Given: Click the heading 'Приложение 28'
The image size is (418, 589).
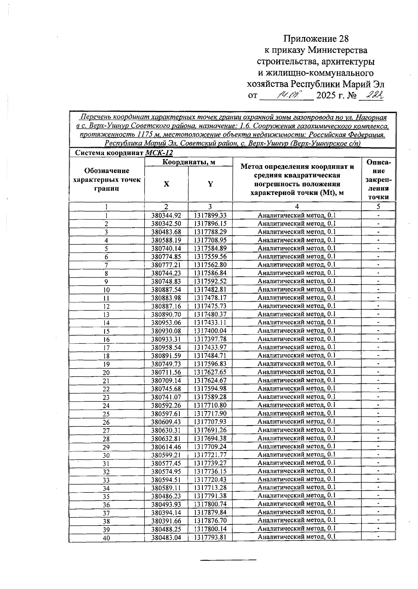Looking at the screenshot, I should tap(316, 39).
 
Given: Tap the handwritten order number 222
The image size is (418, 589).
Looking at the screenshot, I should tap(372, 95).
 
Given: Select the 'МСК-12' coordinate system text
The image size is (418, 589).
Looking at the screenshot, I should tap(159, 153).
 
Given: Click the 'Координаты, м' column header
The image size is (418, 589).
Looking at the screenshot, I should tap(188, 162).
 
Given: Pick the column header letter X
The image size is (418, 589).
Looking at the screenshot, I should tap(167, 184).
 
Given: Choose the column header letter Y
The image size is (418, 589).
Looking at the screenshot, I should tap(210, 184).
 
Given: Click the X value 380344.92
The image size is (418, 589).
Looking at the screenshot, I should tap(167, 216).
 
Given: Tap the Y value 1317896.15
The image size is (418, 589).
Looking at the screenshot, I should tap(210, 224).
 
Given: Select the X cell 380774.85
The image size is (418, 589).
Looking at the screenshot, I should tap(167, 257).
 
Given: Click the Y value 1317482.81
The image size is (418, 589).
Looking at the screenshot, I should tap(210, 289).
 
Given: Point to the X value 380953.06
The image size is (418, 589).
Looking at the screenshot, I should tap(167, 323).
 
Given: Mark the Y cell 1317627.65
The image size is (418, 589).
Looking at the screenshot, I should tap(210, 372).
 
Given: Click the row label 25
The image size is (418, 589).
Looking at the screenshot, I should tap(106, 414).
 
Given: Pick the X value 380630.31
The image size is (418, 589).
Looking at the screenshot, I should tap(167, 430).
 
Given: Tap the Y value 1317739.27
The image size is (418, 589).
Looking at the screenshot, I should tap(210, 463).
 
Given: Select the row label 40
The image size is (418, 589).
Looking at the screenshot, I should tap(106, 538).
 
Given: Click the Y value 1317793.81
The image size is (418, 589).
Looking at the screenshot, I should tap(210, 537).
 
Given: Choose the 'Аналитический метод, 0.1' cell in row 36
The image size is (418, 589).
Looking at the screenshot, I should tap(297, 504).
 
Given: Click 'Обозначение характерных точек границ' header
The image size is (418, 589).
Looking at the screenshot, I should tap(107, 180).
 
